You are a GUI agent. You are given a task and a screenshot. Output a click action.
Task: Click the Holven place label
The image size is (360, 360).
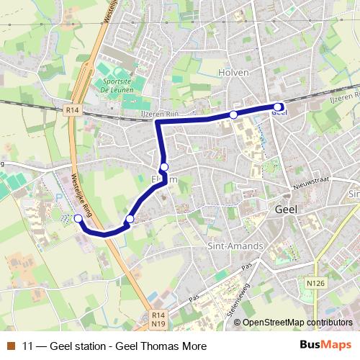click(x=233, y=73)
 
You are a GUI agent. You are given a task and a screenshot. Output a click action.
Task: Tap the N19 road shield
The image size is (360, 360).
click(x=160, y=325)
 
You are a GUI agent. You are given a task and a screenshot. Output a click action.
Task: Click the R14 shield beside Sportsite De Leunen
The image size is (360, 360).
click(x=71, y=111)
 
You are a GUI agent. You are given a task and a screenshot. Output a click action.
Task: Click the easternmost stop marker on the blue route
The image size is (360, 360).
click(x=278, y=107)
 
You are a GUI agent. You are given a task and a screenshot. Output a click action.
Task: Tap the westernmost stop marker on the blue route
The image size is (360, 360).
click(x=78, y=218)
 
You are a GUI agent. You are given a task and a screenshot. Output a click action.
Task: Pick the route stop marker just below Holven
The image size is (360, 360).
click(x=233, y=114)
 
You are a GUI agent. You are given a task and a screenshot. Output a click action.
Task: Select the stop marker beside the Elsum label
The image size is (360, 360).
click(x=164, y=167)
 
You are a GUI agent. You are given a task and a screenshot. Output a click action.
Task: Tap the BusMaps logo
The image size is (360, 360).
click(x=327, y=345)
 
